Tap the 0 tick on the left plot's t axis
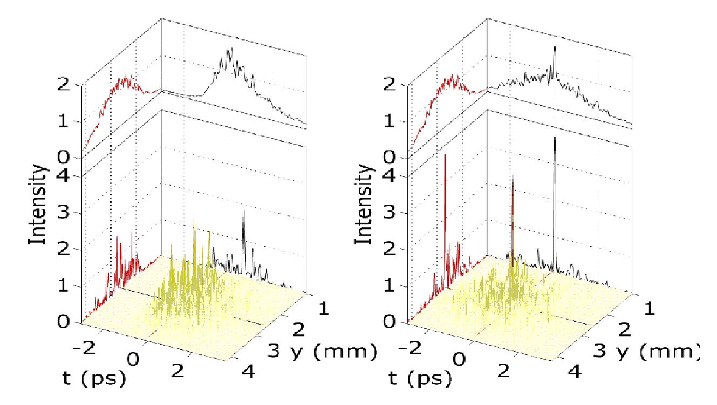tap(136, 358)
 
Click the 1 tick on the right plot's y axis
tap(647, 309)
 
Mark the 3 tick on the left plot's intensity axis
tap(64, 212)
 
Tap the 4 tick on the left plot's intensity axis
tap(64, 176)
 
